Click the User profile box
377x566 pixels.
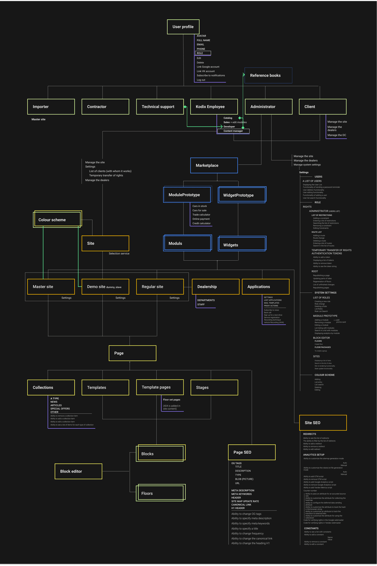[x=183, y=27]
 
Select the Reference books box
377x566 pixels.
[x=268, y=75]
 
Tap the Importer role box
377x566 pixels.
[x=51, y=107]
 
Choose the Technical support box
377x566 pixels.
[x=160, y=107]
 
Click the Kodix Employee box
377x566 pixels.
[x=214, y=107]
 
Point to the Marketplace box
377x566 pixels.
[x=214, y=165]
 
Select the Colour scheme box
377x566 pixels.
[x=57, y=220]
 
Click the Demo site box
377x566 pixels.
[x=106, y=287]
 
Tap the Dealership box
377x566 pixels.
[x=216, y=287]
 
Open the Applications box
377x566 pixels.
[x=266, y=287]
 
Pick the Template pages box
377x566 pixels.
[x=160, y=387]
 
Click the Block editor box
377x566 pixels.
[x=78, y=471]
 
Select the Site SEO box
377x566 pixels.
[x=323, y=423]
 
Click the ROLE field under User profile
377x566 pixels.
[x=203, y=53]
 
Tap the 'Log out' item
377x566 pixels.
[x=201, y=80]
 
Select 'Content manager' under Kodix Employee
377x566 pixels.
[x=233, y=131]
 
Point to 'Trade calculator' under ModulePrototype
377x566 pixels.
[x=201, y=215]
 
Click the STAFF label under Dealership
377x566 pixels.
[x=201, y=305]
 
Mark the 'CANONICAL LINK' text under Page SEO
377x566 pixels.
[x=241, y=504]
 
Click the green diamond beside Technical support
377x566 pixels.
[x=185, y=107]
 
